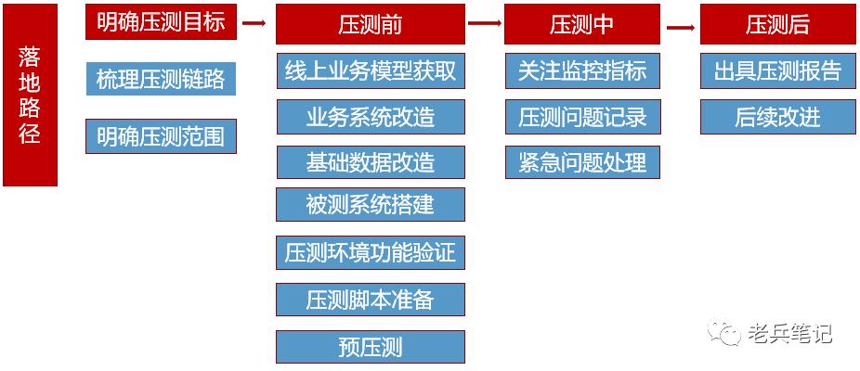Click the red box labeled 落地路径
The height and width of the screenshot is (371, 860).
30,95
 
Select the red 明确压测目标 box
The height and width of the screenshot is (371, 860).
161,22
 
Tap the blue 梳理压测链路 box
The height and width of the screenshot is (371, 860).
161,78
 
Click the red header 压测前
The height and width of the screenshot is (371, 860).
370,25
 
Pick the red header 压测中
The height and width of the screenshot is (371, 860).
581,25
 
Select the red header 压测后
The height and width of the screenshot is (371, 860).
777,25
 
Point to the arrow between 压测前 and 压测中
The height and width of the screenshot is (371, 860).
484,25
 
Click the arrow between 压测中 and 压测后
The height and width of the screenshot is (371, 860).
681,26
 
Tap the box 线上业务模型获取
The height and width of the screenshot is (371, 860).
370,70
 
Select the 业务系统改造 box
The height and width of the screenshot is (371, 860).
370,117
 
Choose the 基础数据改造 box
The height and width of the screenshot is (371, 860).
370,161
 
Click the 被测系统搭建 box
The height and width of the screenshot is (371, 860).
370,204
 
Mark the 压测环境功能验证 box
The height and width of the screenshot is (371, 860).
370,252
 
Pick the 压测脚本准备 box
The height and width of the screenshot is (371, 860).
370,300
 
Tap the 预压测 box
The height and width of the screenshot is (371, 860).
370,347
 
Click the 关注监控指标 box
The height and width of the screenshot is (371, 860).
582,70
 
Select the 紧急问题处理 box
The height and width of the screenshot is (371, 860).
582,162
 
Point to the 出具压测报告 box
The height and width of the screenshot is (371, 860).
777,70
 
